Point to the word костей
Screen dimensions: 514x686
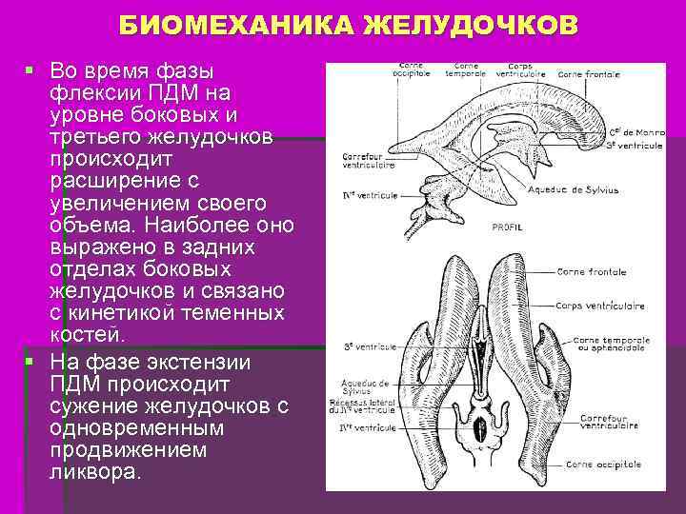[87, 334]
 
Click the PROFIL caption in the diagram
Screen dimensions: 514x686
[506, 227]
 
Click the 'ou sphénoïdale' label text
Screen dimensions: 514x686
[614, 346]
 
